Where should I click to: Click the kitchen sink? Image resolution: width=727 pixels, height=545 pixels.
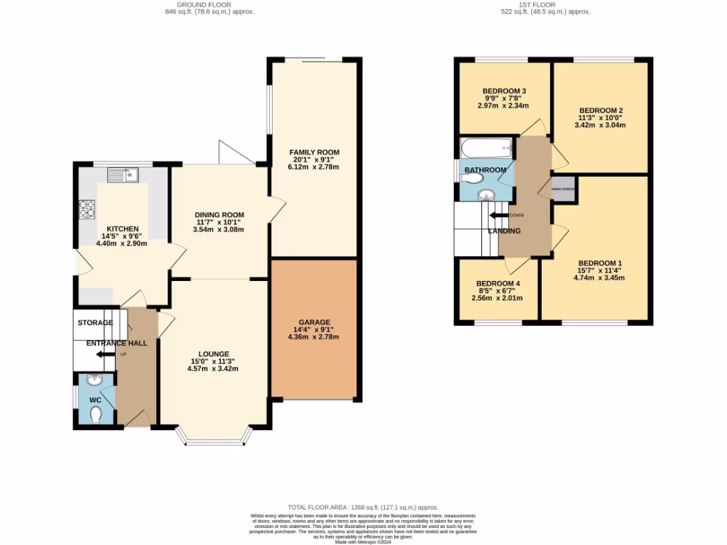pyautogui.click(x=124, y=173)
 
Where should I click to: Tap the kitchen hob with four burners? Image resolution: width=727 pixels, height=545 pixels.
pyautogui.click(x=88, y=209)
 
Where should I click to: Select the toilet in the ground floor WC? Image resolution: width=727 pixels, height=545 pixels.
pyautogui.click(x=97, y=413)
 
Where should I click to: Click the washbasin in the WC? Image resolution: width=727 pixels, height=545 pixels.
pyautogui.click(x=94, y=381)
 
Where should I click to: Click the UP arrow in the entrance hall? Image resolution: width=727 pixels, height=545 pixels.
pyautogui.click(x=105, y=354)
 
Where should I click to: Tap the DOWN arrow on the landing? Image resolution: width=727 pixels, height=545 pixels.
pyautogui.click(x=500, y=215)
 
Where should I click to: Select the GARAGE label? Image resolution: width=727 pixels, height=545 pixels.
pyautogui.click(x=313, y=322)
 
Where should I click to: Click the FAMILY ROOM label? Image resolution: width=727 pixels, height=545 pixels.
pyautogui.click(x=314, y=153)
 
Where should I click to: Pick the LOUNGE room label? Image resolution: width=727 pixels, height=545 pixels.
pyautogui.click(x=214, y=354)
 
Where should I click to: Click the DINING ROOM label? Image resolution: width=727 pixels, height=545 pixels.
pyautogui.click(x=220, y=215)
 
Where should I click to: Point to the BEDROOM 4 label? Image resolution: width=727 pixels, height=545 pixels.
pyautogui.click(x=497, y=284)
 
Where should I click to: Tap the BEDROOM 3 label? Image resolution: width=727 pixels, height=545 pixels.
pyautogui.click(x=503, y=92)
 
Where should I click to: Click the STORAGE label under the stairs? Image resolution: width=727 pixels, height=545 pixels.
pyautogui.click(x=95, y=323)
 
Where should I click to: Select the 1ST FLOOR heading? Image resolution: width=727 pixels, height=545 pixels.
pyautogui.click(x=546, y=4)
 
